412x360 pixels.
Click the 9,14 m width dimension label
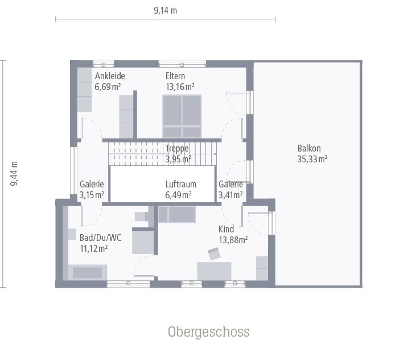click(165, 10)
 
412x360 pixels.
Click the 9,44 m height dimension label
click(14, 174)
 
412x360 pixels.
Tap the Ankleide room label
click(110, 76)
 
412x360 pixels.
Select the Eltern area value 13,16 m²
click(180, 87)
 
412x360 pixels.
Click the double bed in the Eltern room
click(182, 116)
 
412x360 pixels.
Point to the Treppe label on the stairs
click(177, 148)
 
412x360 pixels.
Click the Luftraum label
click(181, 184)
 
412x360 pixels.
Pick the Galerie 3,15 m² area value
click(92, 195)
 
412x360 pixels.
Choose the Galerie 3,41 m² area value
click(230, 195)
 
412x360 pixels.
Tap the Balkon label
click(309, 148)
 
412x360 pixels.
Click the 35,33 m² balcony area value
click(312, 159)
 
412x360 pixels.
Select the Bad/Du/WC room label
click(101, 238)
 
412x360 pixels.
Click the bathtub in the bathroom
click(88, 272)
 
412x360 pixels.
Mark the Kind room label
click(226, 230)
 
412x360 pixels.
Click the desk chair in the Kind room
click(214, 253)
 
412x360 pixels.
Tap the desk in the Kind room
click(214, 271)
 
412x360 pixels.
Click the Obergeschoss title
click(209, 332)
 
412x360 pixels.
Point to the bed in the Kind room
click(177, 215)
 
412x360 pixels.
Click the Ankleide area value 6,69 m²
click(108, 87)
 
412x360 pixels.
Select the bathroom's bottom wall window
click(128, 284)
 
